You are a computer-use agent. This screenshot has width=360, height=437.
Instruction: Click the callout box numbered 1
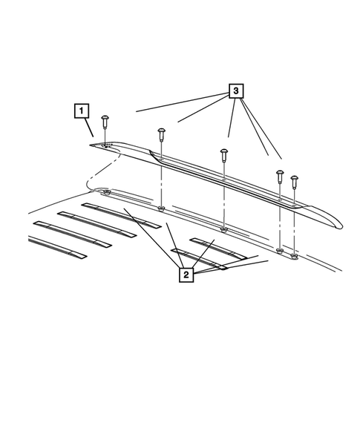coord(80,112)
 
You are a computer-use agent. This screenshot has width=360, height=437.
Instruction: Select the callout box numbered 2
coord(186,275)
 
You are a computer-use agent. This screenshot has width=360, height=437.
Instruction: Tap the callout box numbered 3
coord(235,91)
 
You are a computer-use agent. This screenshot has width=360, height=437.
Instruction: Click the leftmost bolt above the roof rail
coord(105,119)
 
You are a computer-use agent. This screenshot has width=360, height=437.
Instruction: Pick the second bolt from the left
coord(161,135)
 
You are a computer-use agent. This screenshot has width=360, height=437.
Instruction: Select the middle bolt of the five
coord(223,154)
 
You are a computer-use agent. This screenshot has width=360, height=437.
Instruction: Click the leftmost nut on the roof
coord(109,193)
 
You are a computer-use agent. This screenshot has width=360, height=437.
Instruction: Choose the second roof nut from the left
coord(161,210)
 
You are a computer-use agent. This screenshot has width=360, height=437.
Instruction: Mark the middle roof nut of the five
coord(223,230)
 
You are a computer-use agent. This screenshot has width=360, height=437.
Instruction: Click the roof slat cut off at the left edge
coord(56,248)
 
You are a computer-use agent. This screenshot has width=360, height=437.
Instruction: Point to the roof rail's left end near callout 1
coord(95,146)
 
